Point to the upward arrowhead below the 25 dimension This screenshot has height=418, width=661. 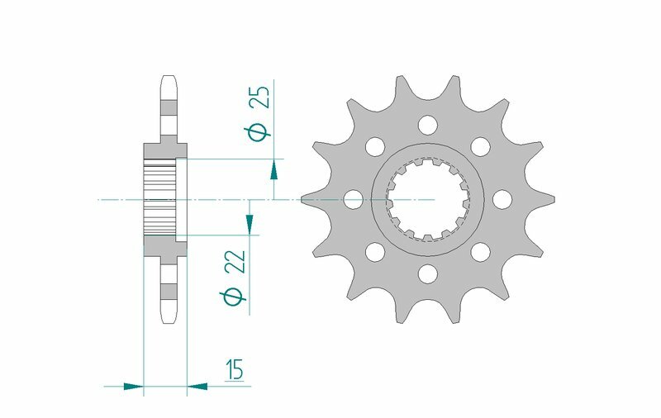pyautogui.click(x=273, y=169)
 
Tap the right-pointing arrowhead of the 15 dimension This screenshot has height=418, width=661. pyautogui.click(x=134, y=385)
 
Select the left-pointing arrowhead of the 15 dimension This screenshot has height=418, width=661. pyautogui.click(x=197, y=385)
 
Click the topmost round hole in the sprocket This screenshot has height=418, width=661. pyautogui.click(x=427, y=126)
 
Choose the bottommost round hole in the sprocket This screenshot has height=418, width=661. pyautogui.click(x=427, y=273)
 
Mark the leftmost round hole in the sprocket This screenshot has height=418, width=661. pyautogui.click(x=354, y=199)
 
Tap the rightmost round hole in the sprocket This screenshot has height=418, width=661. pyautogui.click(x=501, y=199)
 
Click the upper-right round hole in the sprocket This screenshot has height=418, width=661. pyautogui.click(x=479, y=147)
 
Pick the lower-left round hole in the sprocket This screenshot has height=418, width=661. pyautogui.click(x=375, y=251)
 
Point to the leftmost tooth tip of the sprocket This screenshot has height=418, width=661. pyautogui.click(x=304, y=199)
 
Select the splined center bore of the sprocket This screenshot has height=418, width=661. pyautogui.click(x=427, y=199)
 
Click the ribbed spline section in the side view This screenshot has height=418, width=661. pyautogui.click(x=160, y=199)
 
